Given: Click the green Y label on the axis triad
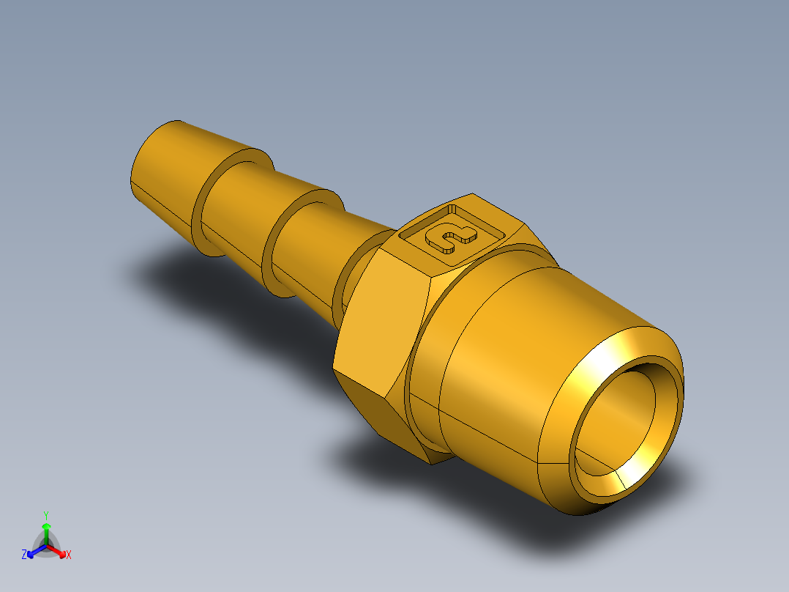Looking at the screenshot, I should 45,515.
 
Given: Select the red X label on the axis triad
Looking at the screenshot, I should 69,555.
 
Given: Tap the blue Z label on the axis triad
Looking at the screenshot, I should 24,555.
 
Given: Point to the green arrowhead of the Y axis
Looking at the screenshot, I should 46,527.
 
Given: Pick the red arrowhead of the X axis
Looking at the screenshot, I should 61,552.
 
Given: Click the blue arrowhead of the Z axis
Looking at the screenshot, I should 32,552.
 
